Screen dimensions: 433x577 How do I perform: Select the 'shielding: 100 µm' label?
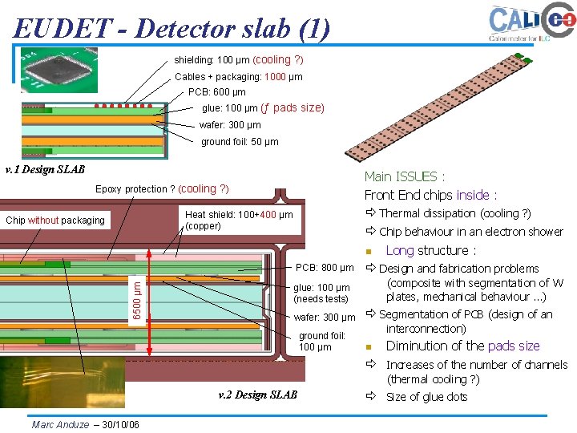[239, 60]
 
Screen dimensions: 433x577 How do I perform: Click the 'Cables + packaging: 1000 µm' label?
[239, 77]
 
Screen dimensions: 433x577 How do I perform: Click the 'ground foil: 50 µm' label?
[240, 142]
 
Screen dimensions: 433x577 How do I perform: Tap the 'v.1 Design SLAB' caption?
[45, 170]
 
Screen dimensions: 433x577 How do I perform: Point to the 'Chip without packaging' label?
[55, 221]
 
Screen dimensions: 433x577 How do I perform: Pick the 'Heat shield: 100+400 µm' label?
[239, 215]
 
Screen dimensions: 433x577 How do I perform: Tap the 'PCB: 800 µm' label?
[325, 267]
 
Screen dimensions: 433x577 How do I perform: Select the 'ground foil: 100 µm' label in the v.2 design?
[322, 342]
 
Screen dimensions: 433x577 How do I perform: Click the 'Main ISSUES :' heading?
[405, 176]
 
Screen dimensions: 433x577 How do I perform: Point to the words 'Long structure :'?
[431, 251]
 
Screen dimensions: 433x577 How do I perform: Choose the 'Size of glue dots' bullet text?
[426, 397]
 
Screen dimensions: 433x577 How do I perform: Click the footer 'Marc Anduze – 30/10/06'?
[85, 424]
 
